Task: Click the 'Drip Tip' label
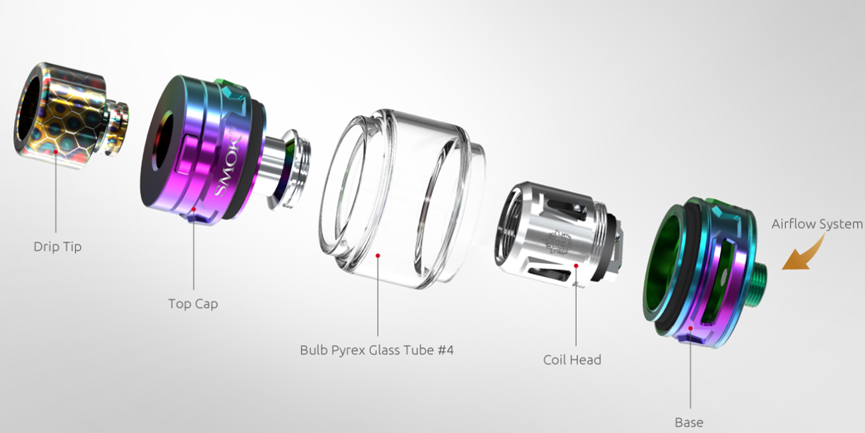point(57,246)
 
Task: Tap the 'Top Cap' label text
point(193,304)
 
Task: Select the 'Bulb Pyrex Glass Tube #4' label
point(377,350)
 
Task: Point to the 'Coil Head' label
point(572,360)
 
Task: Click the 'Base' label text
point(689,422)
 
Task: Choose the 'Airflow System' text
point(817,224)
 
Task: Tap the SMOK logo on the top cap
point(228,160)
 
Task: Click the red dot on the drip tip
point(56,152)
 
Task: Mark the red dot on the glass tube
point(378,256)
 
